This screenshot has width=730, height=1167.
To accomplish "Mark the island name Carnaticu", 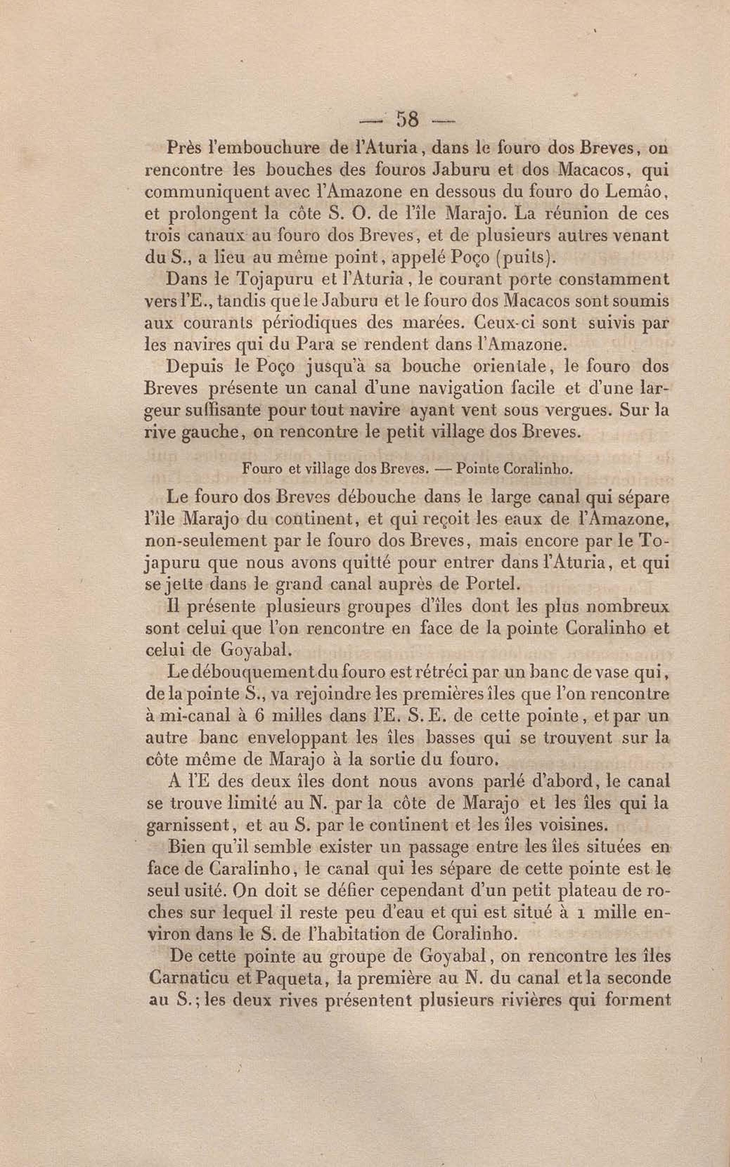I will [186, 978].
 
